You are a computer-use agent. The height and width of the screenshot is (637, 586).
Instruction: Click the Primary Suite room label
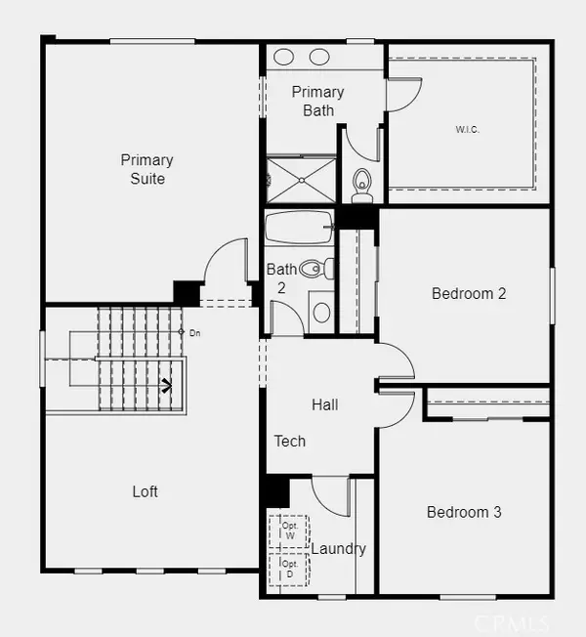coord(147,169)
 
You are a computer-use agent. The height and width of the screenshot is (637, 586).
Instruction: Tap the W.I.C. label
coord(468,130)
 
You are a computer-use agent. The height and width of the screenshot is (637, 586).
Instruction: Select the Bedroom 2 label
coord(469,293)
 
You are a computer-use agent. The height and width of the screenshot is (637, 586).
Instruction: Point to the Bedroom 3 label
coord(464,512)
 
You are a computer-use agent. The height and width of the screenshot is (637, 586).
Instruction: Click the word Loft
coord(145,491)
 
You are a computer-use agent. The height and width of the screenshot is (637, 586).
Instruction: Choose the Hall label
coord(325,404)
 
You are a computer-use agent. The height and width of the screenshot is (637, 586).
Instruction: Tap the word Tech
coord(289,442)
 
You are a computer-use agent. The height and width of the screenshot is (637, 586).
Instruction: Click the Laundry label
coord(339,549)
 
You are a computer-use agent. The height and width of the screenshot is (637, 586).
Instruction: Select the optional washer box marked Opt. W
coord(289,531)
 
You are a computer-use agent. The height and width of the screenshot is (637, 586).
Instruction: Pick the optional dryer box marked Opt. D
coord(289,570)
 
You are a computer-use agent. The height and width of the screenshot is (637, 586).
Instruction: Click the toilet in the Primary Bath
coord(362,186)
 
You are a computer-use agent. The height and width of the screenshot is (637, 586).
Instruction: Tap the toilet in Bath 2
coord(316,269)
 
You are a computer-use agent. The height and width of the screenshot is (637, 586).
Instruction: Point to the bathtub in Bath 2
coord(299,227)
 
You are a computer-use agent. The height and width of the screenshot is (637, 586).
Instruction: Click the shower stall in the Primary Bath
coord(302,180)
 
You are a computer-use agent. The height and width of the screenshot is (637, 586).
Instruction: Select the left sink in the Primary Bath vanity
coord(283,57)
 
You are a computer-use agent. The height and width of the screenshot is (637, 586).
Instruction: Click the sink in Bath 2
coord(321,313)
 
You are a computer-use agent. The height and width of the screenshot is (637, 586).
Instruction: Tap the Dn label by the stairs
coord(195,333)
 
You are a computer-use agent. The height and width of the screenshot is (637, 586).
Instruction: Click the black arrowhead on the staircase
coord(166,385)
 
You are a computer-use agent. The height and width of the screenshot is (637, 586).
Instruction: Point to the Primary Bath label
coord(318,102)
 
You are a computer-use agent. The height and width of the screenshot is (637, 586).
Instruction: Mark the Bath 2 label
coord(281,278)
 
